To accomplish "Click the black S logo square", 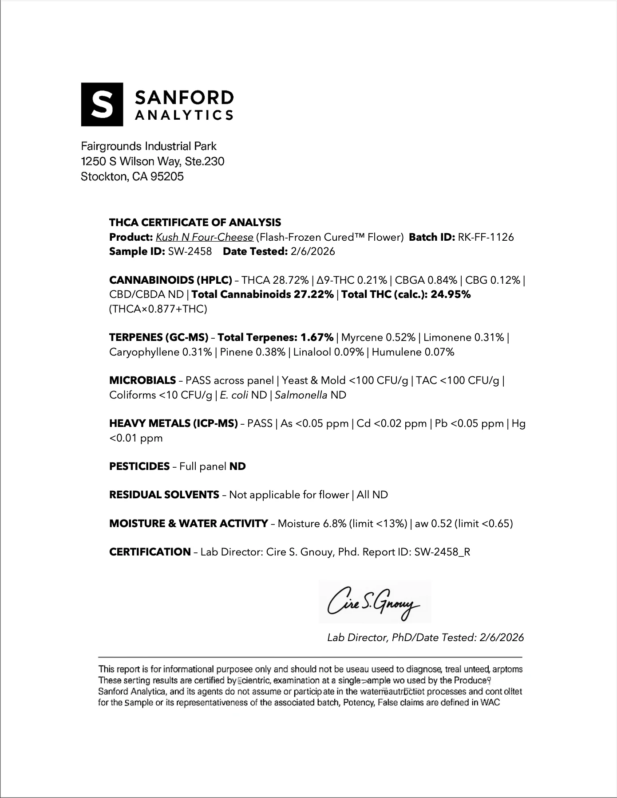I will pos(102,104).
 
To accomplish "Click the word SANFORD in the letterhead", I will pos(184,98).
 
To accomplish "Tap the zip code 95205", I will pos(167,176).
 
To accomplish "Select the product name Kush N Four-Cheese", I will pos(205,237).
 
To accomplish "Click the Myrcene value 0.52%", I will pos(400,337).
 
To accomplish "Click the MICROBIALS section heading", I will pos(142,380).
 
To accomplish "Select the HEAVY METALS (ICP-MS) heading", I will pos(174,423).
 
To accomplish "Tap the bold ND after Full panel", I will pos(237,466).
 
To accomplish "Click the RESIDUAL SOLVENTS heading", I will pos(164,495).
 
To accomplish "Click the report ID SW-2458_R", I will pos(442,552).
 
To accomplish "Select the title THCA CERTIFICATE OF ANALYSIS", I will pos(195,222).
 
